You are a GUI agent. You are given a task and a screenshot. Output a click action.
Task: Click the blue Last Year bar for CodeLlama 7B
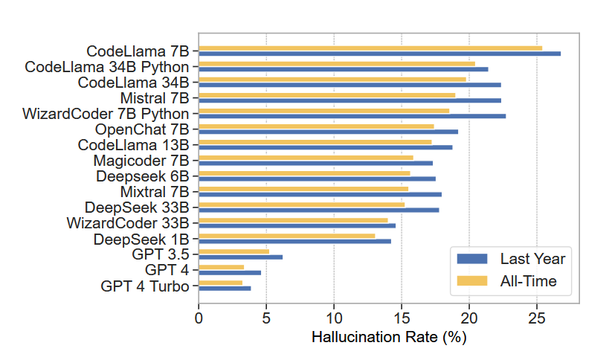[x=379, y=54]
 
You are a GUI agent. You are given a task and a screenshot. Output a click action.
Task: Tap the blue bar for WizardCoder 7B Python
[x=352, y=116]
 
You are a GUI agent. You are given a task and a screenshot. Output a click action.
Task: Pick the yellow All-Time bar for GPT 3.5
[x=233, y=251]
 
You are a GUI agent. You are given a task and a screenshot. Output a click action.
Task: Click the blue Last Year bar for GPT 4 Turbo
[x=225, y=288]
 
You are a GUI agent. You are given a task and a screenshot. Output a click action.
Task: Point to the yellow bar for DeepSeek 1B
[x=286, y=236]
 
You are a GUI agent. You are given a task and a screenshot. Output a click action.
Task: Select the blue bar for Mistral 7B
[x=350, y=100]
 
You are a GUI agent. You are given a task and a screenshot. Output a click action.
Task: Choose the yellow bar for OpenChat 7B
[x=316, y=126]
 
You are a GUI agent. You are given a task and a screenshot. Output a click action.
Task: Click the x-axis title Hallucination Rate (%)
[x=388, y=337]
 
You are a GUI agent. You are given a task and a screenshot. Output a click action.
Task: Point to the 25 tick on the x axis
[x=537, y=318]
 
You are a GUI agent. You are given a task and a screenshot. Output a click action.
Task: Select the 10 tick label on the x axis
[x=334, y=318]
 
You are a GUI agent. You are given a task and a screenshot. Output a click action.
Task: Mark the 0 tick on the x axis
[x=199, y=318]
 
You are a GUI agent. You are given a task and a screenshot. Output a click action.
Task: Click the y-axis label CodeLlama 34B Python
[x=106, y=67]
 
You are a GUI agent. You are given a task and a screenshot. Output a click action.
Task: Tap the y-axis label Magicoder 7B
[x=141, y=161]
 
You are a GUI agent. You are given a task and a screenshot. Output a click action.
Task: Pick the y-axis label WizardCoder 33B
[x=127, y=223]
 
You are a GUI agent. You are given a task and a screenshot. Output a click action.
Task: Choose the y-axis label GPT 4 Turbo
[x=144, y=286]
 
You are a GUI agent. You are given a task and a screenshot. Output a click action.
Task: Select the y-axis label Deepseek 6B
[x=142, y=176]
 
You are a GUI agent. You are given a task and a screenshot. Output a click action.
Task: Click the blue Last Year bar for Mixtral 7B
[x=320, y=194]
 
